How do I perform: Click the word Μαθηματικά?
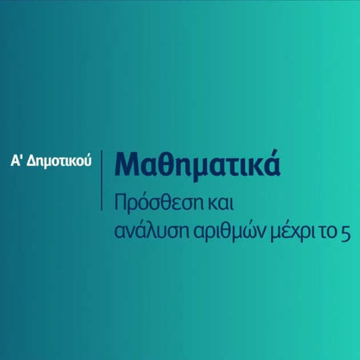[x=197, y=165]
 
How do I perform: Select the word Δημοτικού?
[x=59, y=162]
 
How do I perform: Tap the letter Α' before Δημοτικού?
[x=16, y=161]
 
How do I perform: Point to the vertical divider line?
[x=102, y=180]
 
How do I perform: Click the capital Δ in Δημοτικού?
[x=31, y=161]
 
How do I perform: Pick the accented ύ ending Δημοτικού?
[x=87, y=160]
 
